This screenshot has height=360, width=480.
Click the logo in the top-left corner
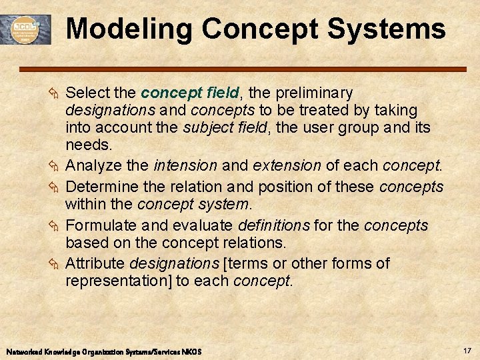26,29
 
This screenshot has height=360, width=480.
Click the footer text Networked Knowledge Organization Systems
103,351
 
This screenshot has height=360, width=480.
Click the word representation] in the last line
118,281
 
